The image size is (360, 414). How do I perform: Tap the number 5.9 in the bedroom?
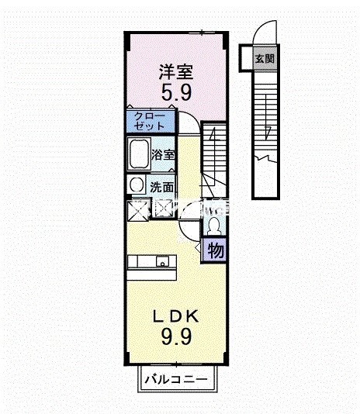pyautogui.click(x=175, y=93)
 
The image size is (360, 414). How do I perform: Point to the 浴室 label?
pyautogui.click(x=164, y=154)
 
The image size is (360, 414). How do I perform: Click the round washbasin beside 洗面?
pyautogui.click(x=137, y=185)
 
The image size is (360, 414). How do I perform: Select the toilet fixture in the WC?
pyautogui.click(x=213, y=226)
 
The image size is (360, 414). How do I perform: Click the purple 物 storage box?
pyautogui.click(x=215, y=250)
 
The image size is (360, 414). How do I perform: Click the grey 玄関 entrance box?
pyautogui.click(x=264, y=58)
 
